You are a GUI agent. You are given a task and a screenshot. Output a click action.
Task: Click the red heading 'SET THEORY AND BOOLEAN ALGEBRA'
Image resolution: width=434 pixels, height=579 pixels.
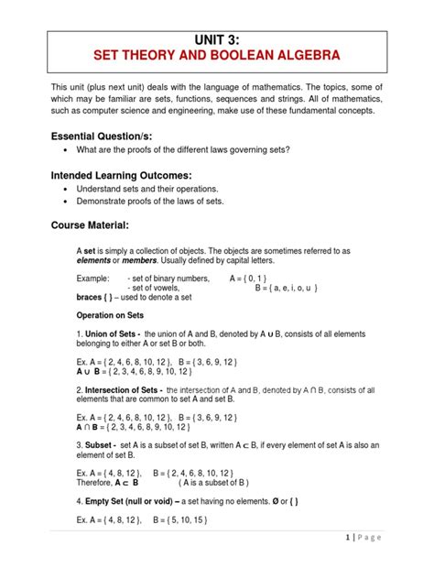click(x=217, y=60)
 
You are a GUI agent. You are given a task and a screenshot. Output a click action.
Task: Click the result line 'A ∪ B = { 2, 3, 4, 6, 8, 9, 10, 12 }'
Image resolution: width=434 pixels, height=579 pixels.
click(x=135, y=372)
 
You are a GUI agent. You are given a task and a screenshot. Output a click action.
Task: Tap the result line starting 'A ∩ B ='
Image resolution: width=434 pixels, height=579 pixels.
click(x=135, y=427)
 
